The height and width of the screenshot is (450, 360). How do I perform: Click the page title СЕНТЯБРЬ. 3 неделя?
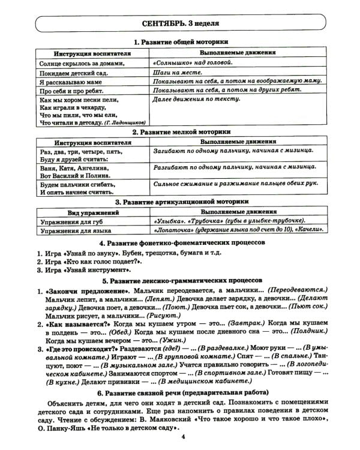[x=181, y=24]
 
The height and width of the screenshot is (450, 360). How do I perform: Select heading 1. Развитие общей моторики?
[x=181, y=42]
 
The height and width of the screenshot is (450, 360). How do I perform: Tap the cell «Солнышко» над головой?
[x=191, y=62]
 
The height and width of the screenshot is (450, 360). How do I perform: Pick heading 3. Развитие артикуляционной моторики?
[x=181, y=202]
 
